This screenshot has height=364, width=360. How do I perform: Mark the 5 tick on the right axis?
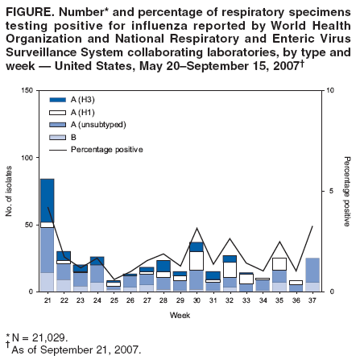tap(329, 191)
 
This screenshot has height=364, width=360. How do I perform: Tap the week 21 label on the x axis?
tap(47, 300)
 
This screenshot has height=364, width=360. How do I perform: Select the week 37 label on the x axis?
tap(313, 300)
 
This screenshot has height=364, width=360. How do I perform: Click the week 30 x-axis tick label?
tap(197, 300)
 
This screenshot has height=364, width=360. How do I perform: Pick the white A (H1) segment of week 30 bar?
tap(197, 260)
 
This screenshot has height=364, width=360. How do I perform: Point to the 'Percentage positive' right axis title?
tap(347, 191)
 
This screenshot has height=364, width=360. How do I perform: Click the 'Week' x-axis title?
tap(180, 314)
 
